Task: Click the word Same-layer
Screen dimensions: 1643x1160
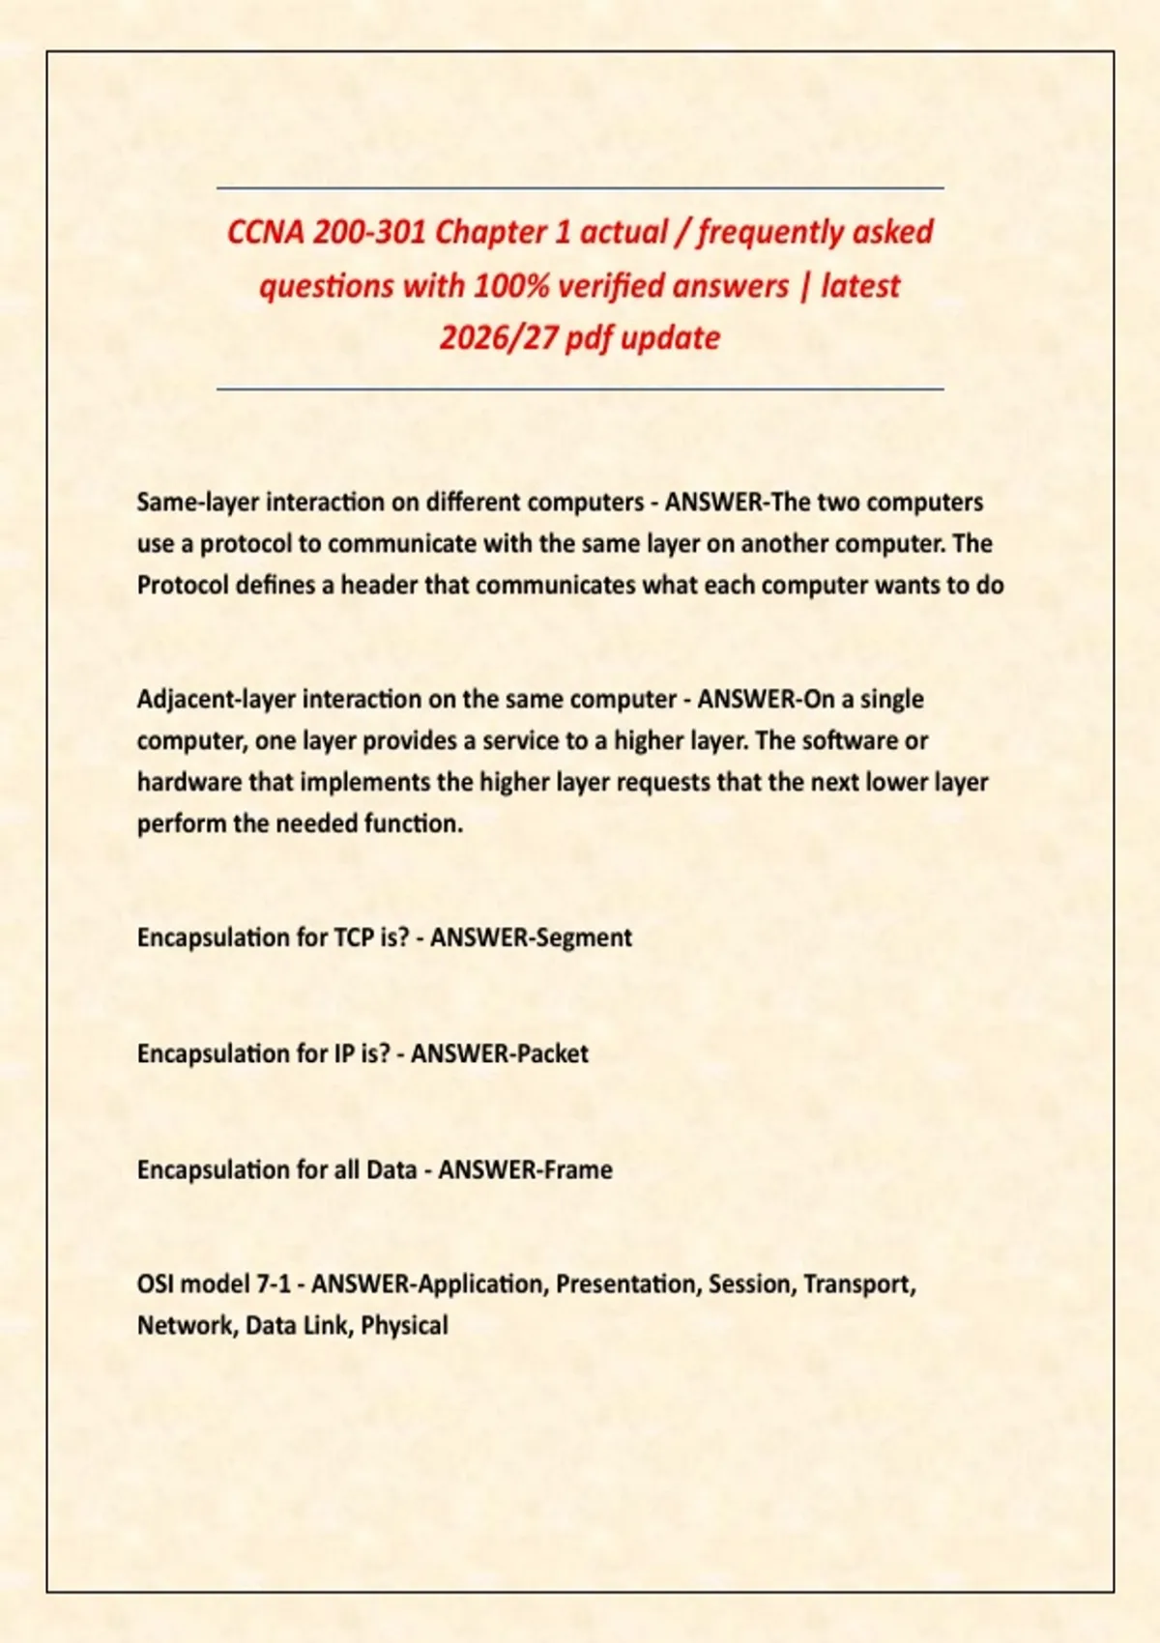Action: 197,503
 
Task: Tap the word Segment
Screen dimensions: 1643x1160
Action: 584,937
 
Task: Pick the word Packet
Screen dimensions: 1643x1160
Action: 552,1053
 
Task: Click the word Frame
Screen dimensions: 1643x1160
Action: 578,1170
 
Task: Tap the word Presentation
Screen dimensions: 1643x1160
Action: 628,1284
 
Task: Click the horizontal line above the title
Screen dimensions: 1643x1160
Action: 580,187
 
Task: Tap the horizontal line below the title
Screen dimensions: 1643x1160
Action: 580,389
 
